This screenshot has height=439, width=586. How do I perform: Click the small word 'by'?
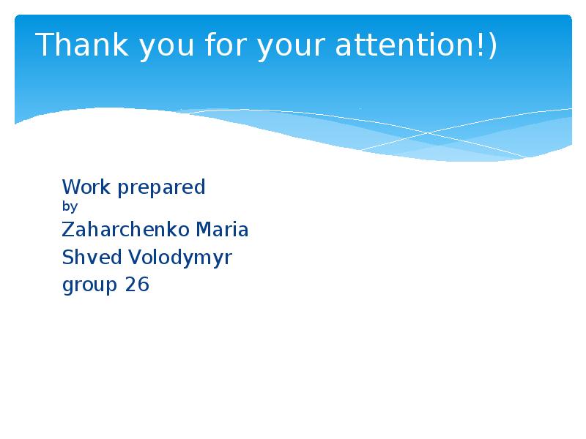(x=70, y=208)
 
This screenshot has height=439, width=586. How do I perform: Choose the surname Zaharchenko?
(x=125, y=230)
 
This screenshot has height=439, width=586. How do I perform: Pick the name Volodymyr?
(x=180, y=258)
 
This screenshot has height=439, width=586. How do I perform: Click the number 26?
(x=137, y=285)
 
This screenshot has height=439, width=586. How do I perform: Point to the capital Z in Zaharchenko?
(x=67, y=230)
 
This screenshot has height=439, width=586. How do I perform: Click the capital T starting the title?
(x=44, y=45)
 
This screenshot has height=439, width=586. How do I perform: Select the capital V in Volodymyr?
(x=134, y=258)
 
